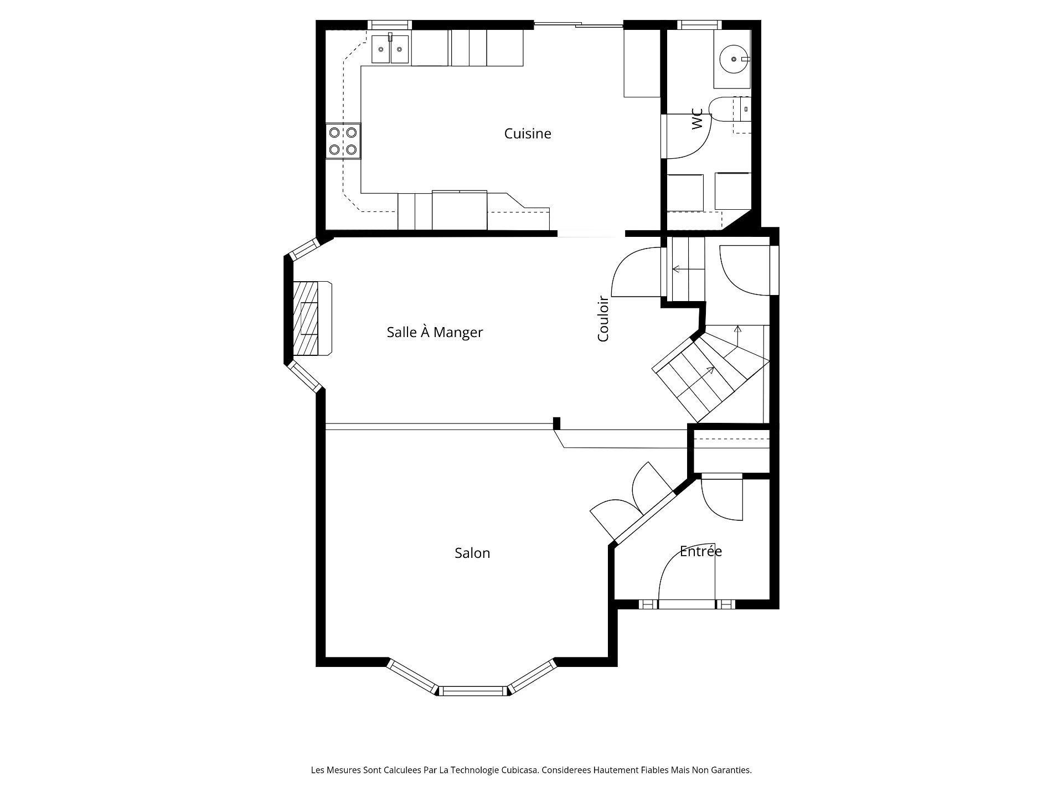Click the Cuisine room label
528,133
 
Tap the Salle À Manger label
435,332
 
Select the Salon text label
472,553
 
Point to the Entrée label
700,551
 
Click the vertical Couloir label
603,319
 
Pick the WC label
697,119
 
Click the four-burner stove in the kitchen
343,141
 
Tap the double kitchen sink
390,50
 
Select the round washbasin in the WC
734,59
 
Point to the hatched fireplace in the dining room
307,318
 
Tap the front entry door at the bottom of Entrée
687,604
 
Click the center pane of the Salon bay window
473,690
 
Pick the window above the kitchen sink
390,24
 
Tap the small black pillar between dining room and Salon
556,423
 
